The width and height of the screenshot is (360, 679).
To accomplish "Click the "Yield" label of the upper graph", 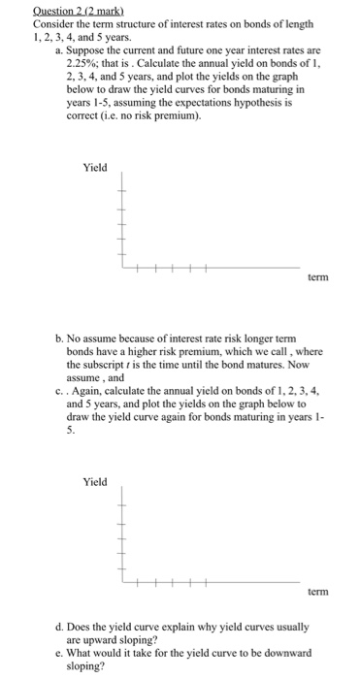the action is tap(95, 168).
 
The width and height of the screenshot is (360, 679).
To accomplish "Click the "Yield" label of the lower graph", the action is tap(95, 480).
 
